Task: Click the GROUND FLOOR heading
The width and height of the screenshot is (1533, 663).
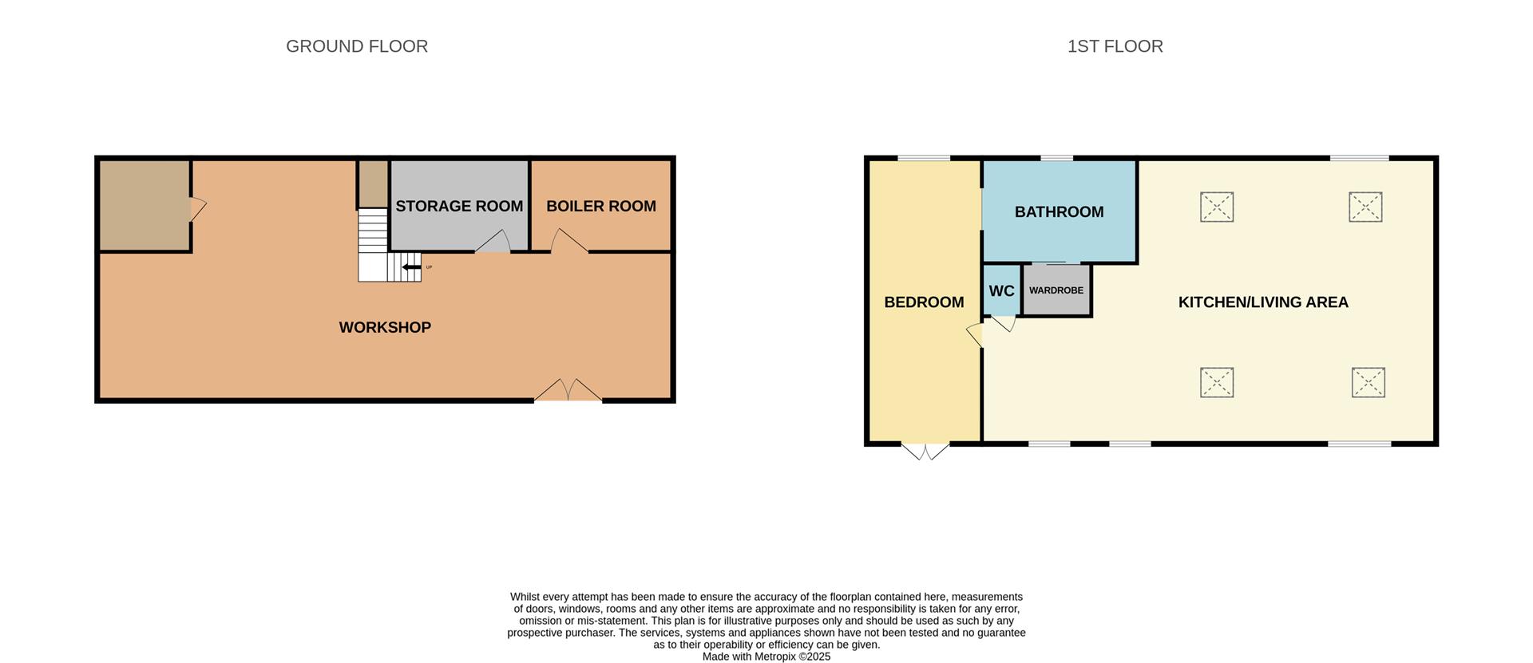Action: (357, 46)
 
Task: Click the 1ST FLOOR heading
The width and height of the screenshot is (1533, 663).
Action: (1115, 46)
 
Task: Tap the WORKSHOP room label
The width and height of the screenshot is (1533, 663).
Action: (385, 327)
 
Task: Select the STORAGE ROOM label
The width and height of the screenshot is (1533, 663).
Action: (459, 206)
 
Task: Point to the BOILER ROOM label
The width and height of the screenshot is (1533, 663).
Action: (601, 206)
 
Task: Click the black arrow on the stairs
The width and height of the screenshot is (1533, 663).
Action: (411, 267)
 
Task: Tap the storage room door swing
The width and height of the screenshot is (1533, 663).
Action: (494, 242)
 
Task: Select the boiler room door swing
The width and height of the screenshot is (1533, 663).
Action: (568, 241)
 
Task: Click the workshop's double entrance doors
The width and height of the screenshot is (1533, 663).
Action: (568, 390)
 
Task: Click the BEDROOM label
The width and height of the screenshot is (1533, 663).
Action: (924, 302)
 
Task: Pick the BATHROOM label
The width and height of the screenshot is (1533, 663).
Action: (1059, 212)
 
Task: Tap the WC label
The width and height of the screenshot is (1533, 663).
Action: (1001, 291)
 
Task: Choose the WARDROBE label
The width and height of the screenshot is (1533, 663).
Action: (1056, 290)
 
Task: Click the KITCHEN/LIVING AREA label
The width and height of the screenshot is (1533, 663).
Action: (1263, 302)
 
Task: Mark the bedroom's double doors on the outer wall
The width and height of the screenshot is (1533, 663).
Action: (925, 451)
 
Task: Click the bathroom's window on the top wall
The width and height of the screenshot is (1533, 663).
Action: (1056, 159)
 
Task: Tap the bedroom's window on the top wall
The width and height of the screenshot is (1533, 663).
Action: (924, 159)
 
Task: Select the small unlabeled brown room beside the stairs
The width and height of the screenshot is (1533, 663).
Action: (372, 184)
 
